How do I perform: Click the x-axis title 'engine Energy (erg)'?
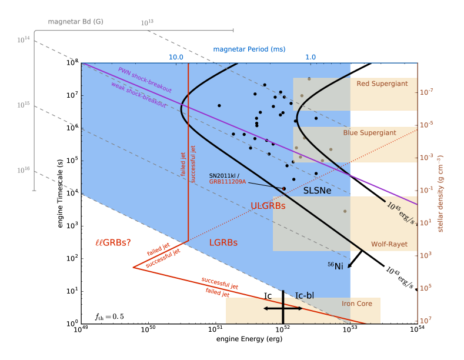pos(249,340)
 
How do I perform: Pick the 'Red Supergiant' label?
pos(382,84)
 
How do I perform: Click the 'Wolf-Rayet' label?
pos(389,244)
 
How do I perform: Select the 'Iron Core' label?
pos(356,304)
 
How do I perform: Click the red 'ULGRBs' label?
pos(268,206)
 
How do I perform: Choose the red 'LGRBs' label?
pos(223,242)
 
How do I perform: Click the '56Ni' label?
pos(335,265)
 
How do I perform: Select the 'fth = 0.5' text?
pos(110,316)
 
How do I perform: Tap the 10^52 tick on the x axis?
pos(283,330)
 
